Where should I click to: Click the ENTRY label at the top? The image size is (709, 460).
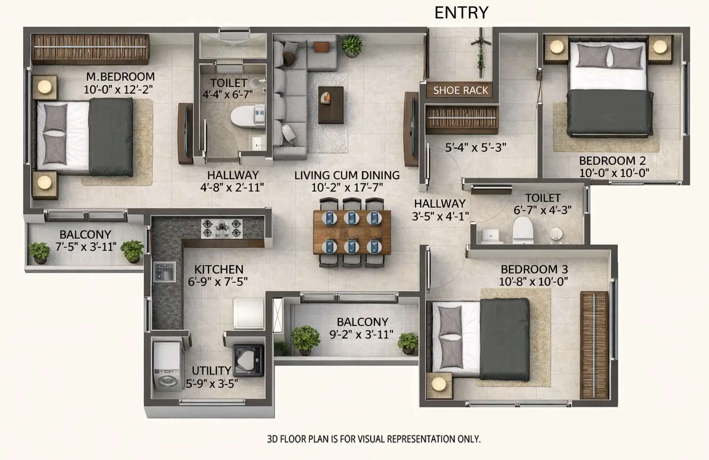[x=461, y=13]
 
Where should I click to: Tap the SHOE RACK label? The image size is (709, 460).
[x=460, y=90]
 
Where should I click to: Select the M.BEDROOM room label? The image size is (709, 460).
[x=120, y=77]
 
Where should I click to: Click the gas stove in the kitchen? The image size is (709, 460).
[x=222, y=228]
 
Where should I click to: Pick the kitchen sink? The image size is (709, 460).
[x=164, y=272]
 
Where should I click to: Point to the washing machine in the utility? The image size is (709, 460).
[x=167, y=365]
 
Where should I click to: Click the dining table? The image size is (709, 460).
[x=352, y=232]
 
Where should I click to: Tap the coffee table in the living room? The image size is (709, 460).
[x=331, y=105]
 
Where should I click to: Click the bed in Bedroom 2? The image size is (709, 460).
[x=609, y=89]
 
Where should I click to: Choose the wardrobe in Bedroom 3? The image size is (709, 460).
[x=594, y=345]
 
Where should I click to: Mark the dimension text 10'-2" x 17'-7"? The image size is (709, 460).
[x=347, y=188]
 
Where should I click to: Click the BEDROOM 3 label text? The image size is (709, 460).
[x=534, y=270]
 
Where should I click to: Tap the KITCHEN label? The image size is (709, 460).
[x=219, y=270]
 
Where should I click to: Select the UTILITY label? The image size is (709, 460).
[x=211, y=371]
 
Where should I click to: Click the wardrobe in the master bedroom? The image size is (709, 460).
[x=90, y=48]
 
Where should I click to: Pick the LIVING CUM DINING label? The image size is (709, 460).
[x=347, y=175]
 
